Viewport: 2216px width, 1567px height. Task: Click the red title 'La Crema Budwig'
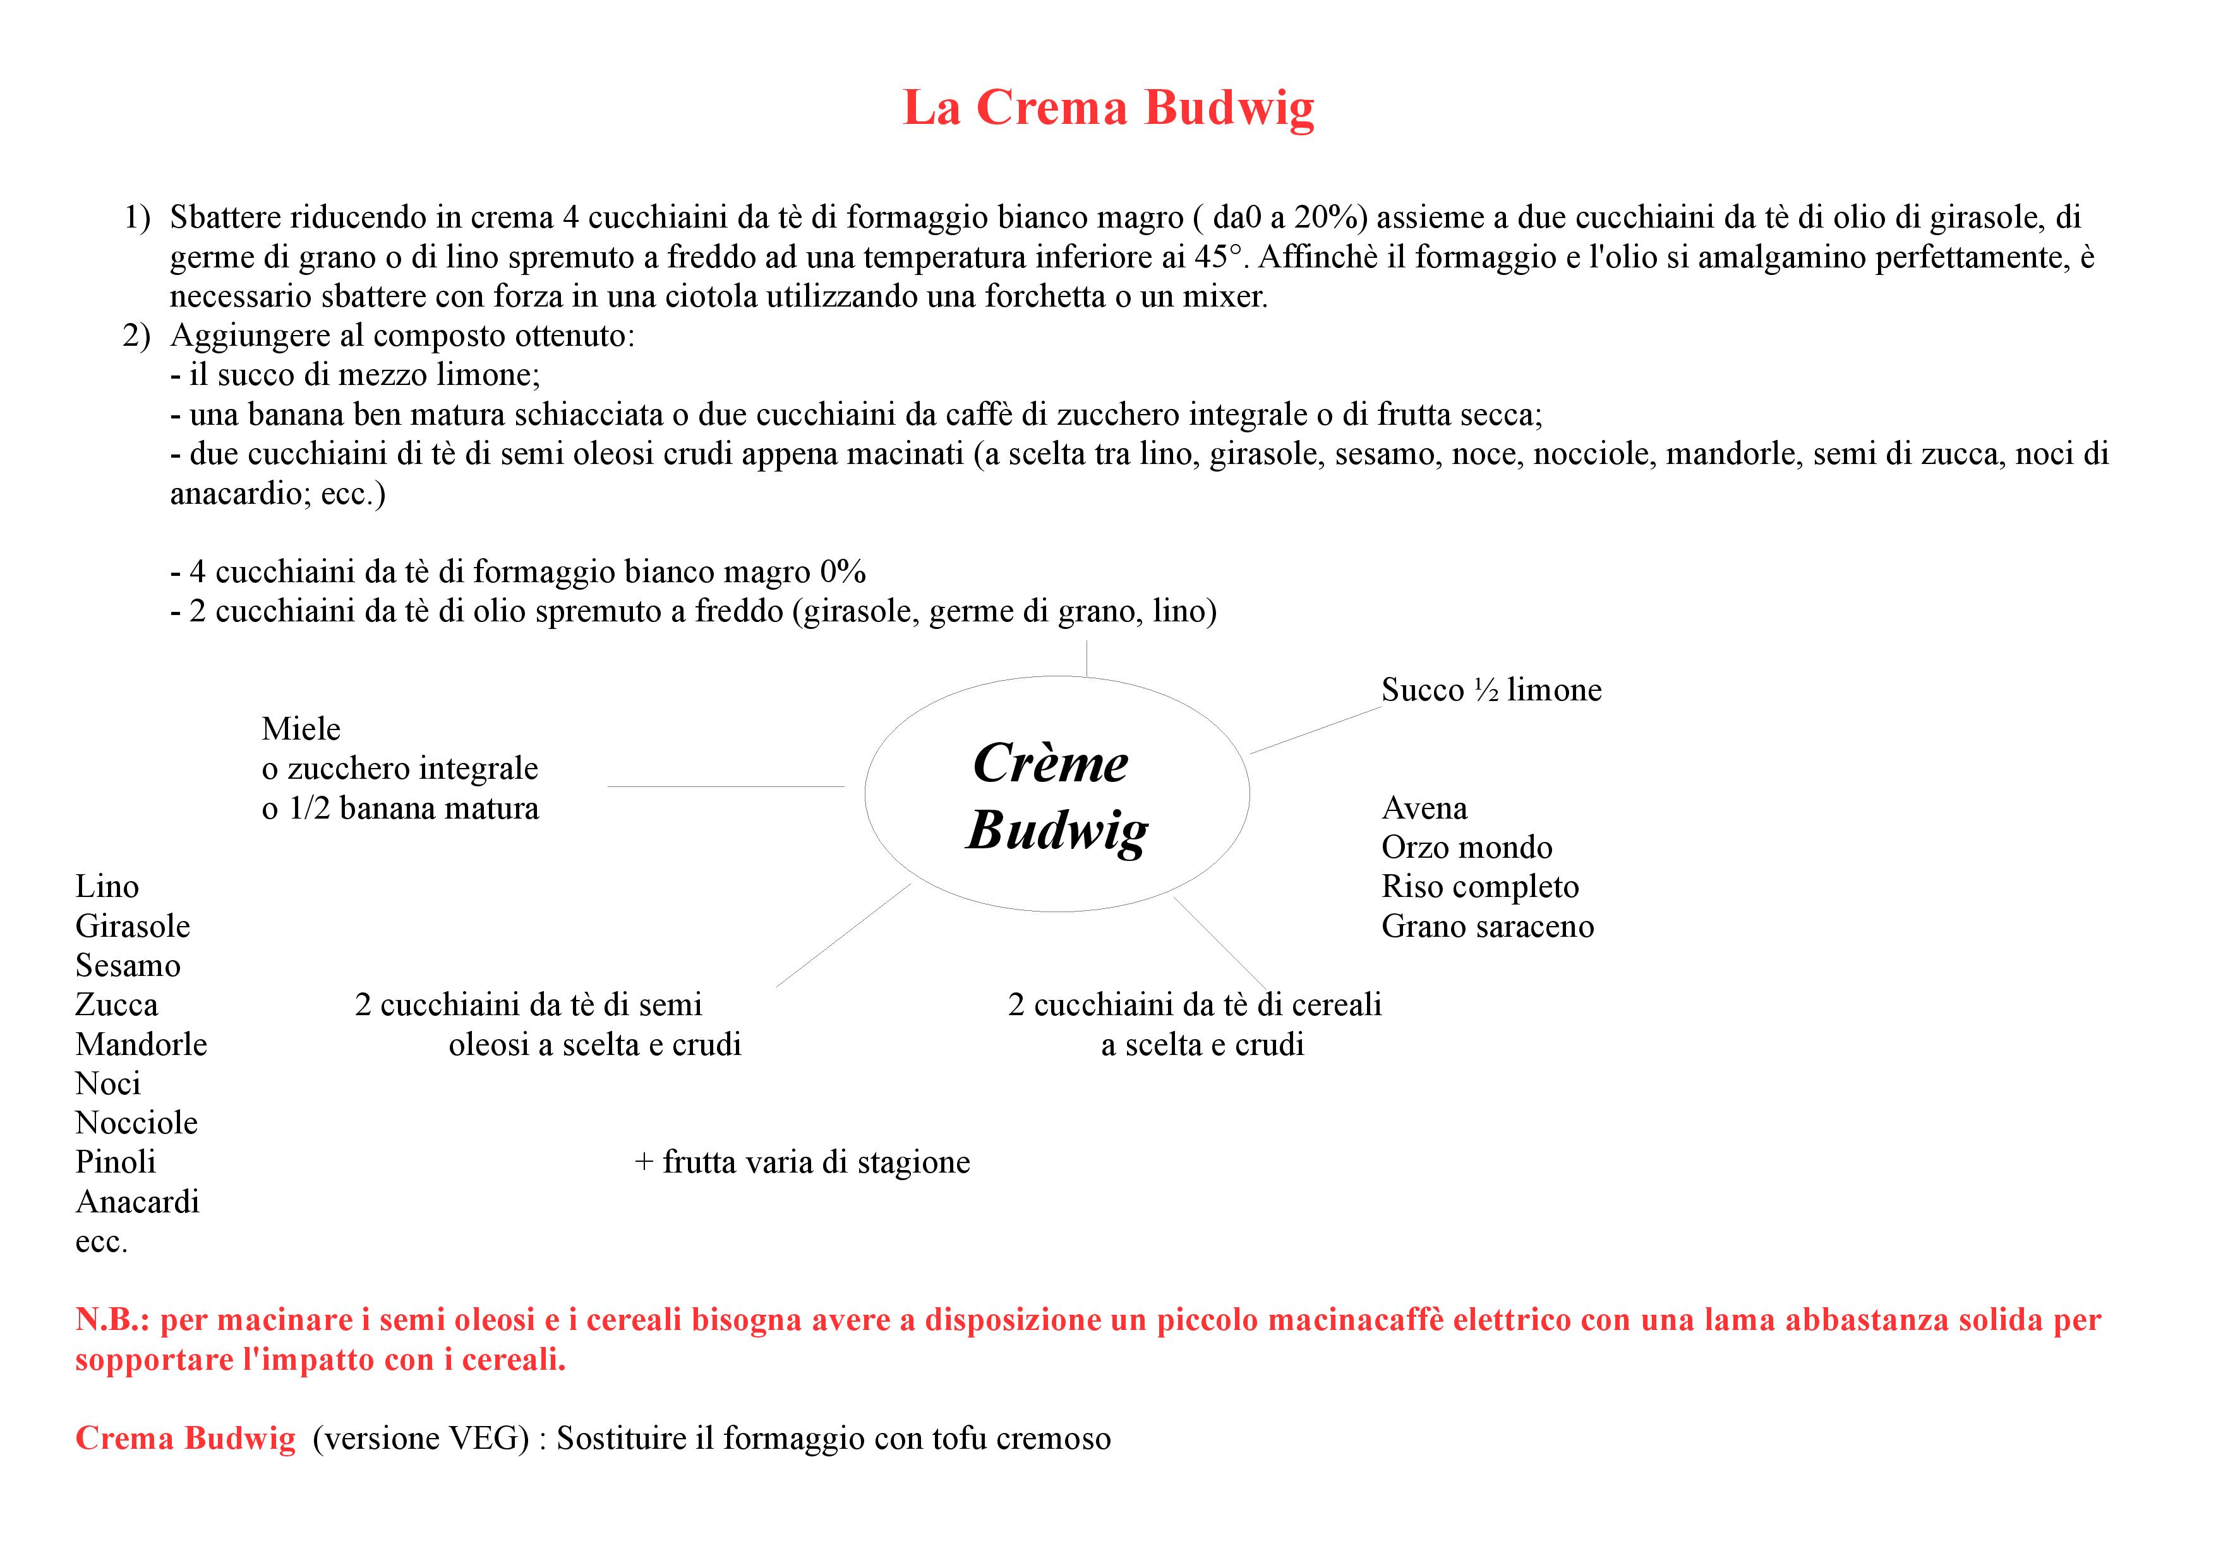(x=1108, y=107)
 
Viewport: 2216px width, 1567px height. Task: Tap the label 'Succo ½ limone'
(x=1491, y=690)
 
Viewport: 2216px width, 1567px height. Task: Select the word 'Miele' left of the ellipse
(x=301, y=729)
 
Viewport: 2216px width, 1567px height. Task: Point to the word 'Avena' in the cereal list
(x=1424, y=808)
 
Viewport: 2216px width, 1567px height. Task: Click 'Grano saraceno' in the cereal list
(x=1487, y=927)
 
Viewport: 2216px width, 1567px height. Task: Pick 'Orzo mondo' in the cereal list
(x=1466, y=848)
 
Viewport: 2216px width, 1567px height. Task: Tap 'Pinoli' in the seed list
(x=116, y=1162)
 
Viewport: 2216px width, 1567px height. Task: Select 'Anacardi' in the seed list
(x=137, y=1202)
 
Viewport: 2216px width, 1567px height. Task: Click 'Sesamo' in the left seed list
(x=128, y=965)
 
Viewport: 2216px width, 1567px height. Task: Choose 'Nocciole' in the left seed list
(x=136, y=1123)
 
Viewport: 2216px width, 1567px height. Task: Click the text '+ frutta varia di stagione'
(x=802, y=1162)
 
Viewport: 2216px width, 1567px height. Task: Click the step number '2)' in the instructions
(x=136, y=336)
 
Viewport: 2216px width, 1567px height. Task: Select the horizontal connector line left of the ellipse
(x=726, y=787)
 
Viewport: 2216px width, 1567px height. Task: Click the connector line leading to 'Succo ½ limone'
(x=1315, y=730)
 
